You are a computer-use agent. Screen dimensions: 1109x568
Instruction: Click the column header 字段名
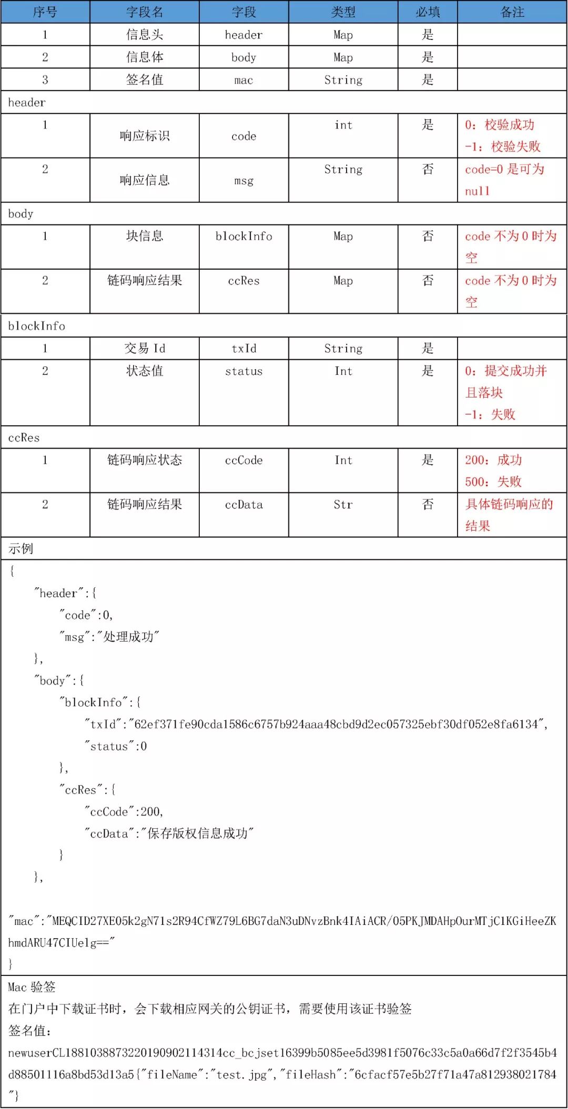point(145,12)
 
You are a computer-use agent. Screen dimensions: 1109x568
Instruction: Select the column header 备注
point(512,12)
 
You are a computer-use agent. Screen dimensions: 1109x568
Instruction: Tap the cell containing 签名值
point(145,79)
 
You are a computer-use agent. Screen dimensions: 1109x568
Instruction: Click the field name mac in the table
point(244,80)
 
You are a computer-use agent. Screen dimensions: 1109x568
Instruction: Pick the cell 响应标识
point(145,136)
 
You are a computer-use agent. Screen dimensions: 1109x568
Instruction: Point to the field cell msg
point(244,180)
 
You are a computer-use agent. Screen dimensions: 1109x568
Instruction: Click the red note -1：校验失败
point(502,147)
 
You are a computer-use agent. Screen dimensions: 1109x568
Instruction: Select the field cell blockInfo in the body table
point(244,236)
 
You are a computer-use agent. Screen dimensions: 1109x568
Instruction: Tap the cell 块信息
point(145,236)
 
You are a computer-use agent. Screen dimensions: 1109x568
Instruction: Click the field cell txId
point(244,348)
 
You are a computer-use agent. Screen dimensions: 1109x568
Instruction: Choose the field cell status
point(244,371)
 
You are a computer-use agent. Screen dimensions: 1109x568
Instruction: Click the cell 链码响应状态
point(145,460)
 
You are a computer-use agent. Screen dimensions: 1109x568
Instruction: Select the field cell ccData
point(244,505)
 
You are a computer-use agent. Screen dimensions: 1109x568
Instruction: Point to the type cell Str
point(343,505)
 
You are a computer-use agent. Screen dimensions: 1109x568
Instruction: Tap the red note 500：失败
point(493,482)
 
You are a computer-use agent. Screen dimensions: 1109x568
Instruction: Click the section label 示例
point(21,548)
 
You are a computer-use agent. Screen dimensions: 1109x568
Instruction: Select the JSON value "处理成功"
point(131,637)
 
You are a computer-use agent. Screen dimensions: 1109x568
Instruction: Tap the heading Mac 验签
point(32,986)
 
